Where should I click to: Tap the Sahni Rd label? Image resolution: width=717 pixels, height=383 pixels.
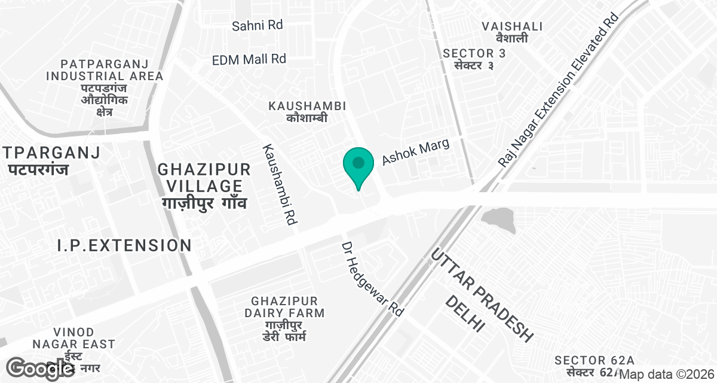[257, 26]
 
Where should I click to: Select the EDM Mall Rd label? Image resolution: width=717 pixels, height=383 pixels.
[249, 59]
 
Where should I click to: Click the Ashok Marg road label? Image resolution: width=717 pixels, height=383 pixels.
[415, 153]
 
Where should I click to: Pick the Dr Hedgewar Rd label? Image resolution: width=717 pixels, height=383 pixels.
[373, 279]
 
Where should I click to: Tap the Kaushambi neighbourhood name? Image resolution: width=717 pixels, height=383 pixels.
[307, 111]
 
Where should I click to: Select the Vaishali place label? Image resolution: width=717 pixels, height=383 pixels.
[513, 32]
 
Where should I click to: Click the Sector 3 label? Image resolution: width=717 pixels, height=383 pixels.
[474, 59]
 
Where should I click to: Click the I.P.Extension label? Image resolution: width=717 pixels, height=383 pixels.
[124, 245]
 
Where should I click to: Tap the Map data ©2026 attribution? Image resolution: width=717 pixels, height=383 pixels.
[667, 375]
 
